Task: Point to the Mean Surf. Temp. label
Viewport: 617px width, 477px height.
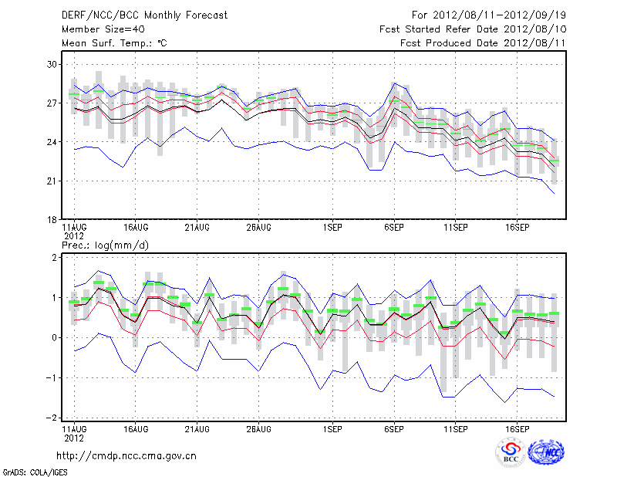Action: pyautogui.click(x=113, y=43)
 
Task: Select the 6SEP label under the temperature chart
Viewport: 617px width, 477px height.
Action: pyautogui.click(x=394, y=228)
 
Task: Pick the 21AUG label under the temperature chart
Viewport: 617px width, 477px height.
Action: pyautogui.click(x=197, y=228)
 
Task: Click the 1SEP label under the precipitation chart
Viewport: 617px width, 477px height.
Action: pyautogui.click(x=332, y=428)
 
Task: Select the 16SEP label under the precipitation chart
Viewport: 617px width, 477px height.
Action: pyautogui.click(x=518, y=428)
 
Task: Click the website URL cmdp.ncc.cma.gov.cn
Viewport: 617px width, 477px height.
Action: pyautogui.click(x=126, y=456)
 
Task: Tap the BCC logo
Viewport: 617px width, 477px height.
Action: pyautogui.click(x=510, y=453)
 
